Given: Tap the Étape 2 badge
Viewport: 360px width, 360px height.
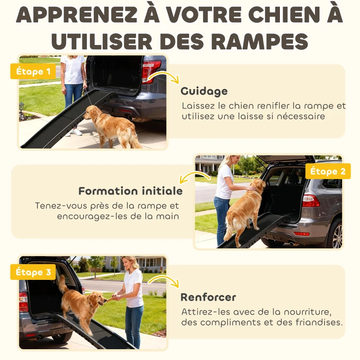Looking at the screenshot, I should (x=328, y=171).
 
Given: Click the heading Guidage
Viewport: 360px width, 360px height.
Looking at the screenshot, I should (x=204, y=91).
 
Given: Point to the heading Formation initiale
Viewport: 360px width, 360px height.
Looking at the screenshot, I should (x=130, y=191).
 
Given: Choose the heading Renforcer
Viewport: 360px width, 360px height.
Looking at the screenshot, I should (x=208, y=297).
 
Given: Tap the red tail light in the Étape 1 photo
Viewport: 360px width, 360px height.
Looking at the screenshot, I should (x=150, y=70).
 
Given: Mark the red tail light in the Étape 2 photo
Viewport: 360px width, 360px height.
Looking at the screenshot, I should (x=310, y=201).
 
